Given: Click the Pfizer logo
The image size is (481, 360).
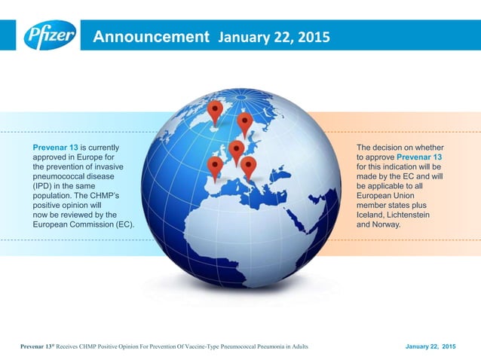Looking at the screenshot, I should point(50,35).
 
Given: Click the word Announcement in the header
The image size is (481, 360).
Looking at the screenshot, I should point(149,36).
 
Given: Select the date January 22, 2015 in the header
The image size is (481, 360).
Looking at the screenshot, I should point(274,37).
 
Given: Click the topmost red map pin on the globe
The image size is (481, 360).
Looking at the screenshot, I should point(216,111).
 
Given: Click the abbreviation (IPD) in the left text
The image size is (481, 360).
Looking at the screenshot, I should point(44,185).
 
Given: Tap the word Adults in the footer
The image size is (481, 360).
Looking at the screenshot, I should point(296,346).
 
